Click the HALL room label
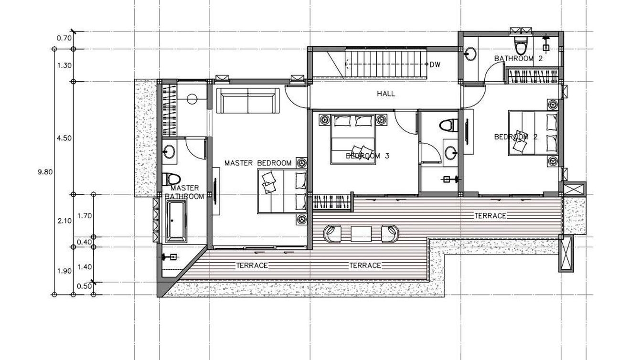[x=386, y=94]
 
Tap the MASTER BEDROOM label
[x=258, y=163]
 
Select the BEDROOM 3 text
[x=367, y=156]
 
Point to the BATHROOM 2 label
[x=518, y=59]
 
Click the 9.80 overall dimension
[x=45, y=172]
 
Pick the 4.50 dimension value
[x=64, y=138]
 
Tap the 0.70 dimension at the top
[x=64, y=38]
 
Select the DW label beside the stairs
[x=435, y=64]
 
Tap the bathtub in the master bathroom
[x=177, y=222]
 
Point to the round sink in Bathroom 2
[x=470, y=54]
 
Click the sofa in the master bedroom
[x=248, y=101]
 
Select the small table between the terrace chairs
[x=361, y=234]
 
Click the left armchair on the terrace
[x=332, y=234]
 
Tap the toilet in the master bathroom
[x=171, y=180]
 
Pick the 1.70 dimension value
[x=85, y=216]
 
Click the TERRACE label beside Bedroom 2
[x=490, y=216]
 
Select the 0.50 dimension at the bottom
[x=85, y=286]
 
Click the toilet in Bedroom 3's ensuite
[x=449, y=126]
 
